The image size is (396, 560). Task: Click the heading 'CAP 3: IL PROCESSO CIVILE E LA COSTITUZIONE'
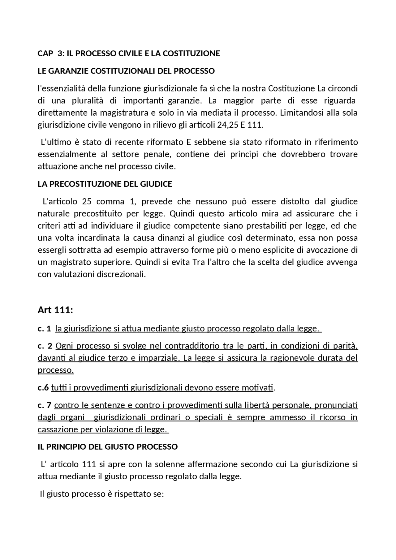(x=129, y=53)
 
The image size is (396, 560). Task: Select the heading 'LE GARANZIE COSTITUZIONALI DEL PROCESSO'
(x=126, y=71)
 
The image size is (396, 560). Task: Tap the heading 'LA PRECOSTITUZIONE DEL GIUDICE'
(x=105, y=184)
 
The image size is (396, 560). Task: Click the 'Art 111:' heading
(x=55, y=310)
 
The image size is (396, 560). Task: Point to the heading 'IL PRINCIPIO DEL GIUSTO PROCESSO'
(x=107, y=447)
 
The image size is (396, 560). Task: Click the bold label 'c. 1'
(x=44, y=329)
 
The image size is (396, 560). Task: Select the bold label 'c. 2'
(x=45, y=346)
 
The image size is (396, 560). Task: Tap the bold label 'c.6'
(x=43, y=387)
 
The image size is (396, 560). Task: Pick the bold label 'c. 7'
(x=45, y=405)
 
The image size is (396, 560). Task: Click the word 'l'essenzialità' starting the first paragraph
(x=62, y=89)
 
